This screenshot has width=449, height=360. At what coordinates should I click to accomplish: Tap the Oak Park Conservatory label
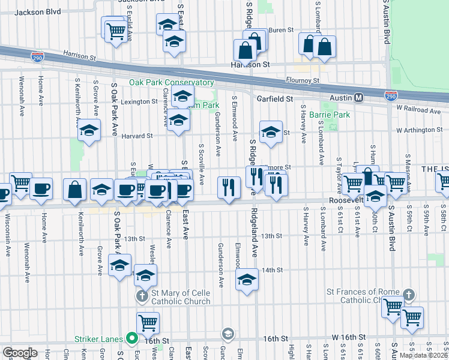click(171, 83)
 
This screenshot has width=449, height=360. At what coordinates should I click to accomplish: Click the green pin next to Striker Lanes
click(130, 338)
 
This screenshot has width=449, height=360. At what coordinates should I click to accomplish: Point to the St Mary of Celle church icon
click(142, 296)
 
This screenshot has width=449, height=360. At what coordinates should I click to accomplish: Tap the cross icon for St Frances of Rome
click(408, 295)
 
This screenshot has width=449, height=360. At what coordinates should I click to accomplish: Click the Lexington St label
click(139, 102)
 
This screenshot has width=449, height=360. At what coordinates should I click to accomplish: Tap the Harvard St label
click(141, 136)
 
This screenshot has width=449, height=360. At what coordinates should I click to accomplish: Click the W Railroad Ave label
click(418, 110)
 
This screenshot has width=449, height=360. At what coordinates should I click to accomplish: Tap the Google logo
click(19, 353)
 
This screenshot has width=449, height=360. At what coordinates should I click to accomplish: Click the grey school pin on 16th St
click(228, 333)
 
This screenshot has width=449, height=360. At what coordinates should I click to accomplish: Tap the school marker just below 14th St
click(247, 280)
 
